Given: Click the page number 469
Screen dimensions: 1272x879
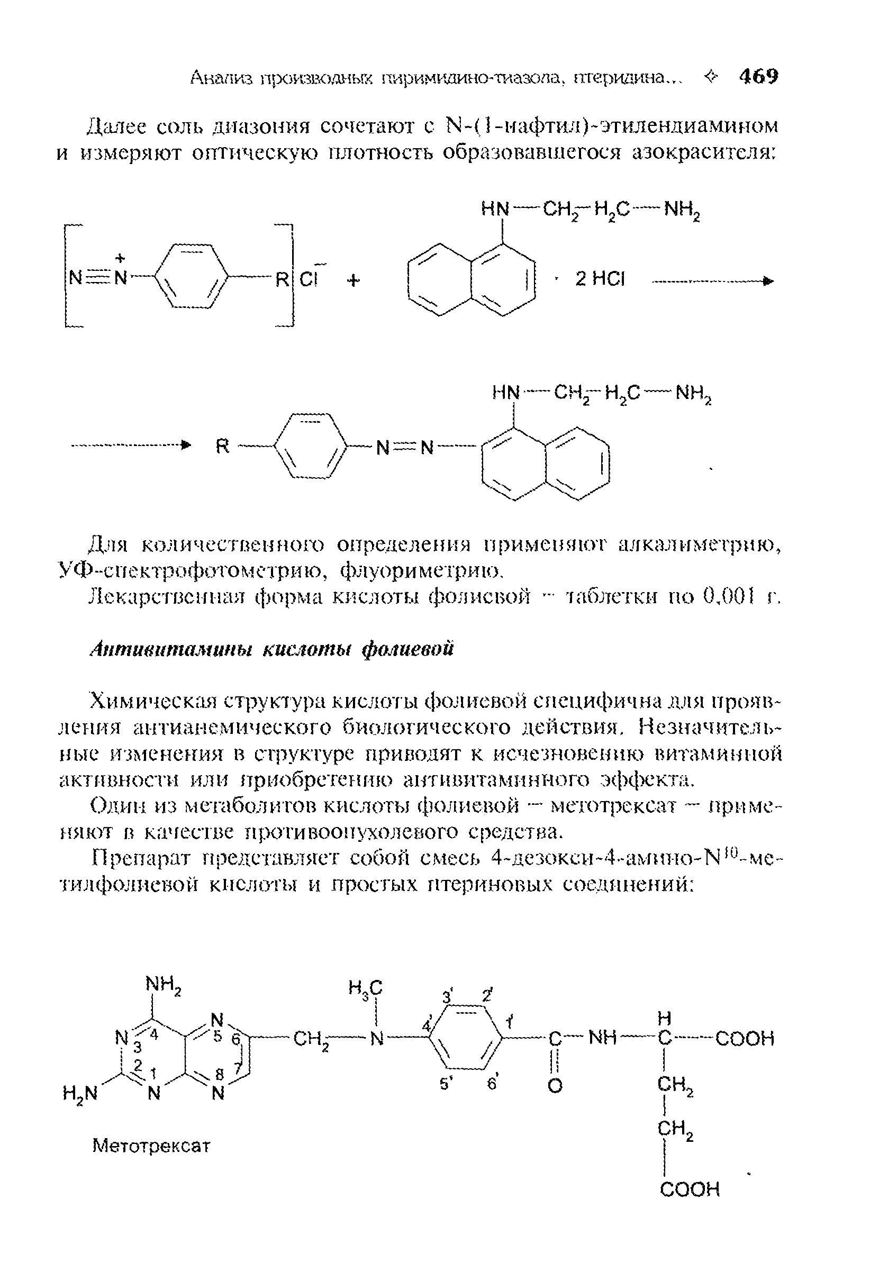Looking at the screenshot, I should click(x=758, y=77).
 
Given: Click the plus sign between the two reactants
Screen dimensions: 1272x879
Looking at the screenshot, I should click(x=353, y=280).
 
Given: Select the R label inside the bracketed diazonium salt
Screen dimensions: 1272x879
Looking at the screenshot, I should click(x=282, y=280).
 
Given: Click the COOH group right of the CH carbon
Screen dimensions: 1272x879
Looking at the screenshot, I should click(x=745, y=1039).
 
